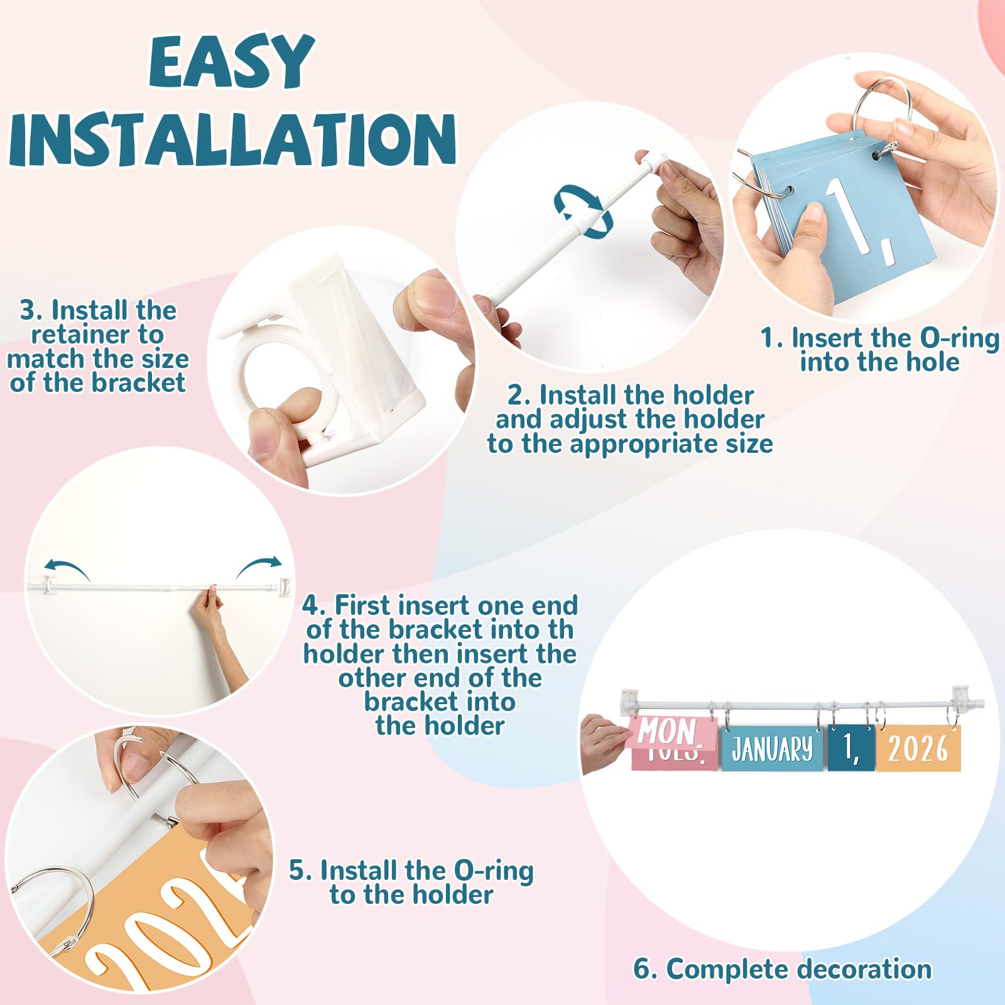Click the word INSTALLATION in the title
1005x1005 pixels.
pyautogui.click(x=232, y=139)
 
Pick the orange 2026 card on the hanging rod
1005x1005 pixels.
pyautogui.click(x=918, y=747)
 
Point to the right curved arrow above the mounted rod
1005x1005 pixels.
pyautogui.click(x=258, y=565)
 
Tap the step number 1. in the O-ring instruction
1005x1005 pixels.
pyautogui.click(x=772, y=338)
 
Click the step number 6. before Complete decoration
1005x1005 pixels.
pyautogui.click(x=645, y=969)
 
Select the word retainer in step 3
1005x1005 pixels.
pyautogui.click(x=97, y=334)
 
